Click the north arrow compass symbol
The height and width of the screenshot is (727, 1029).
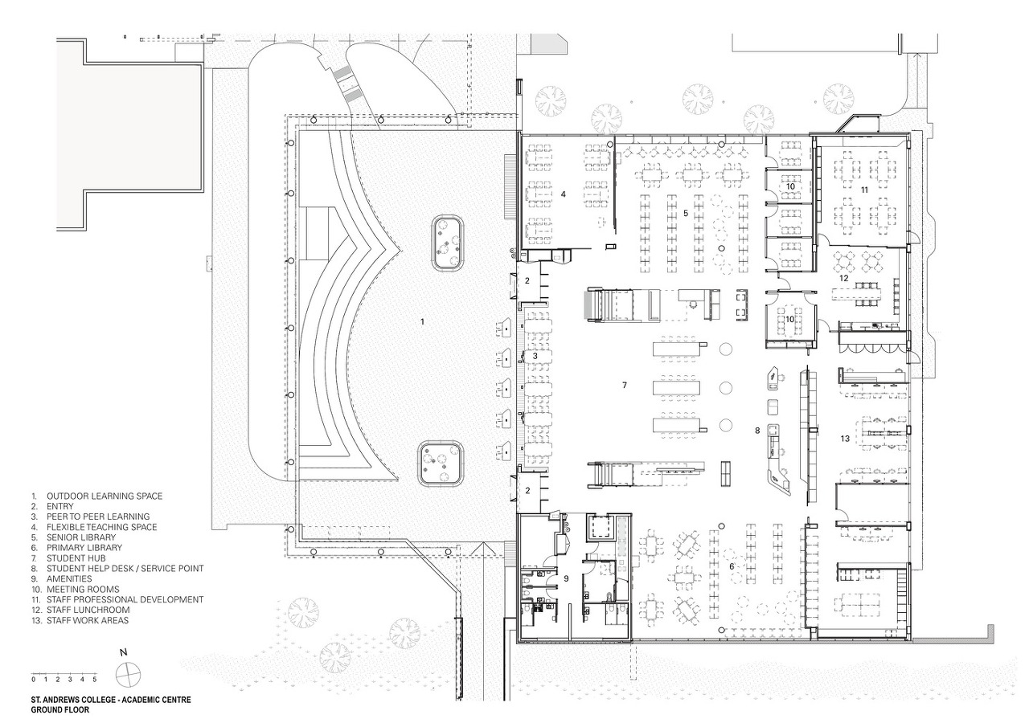coord(128,675)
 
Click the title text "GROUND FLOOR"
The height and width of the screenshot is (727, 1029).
coord(59,709)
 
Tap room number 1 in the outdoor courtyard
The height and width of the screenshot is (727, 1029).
coord(423,322)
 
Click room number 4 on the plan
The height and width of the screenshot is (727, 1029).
coord(564,194)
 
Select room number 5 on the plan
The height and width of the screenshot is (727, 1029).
coord(686,214)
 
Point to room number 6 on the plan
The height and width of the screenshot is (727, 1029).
coord(732,567)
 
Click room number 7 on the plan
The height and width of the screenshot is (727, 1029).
coord(625,385)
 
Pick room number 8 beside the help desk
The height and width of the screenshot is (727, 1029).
coord(757,431)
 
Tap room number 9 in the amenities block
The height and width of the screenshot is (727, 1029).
coord(566,578)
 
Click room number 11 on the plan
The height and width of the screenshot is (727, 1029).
coord(864,190)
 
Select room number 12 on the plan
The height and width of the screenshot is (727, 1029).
coord(844,278)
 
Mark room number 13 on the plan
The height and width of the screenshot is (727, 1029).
coord(845,439)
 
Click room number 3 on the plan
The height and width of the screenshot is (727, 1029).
coord(535,356)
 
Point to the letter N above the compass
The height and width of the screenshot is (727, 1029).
coord(123,652)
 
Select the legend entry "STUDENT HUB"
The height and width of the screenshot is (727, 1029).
coord(76,558)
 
